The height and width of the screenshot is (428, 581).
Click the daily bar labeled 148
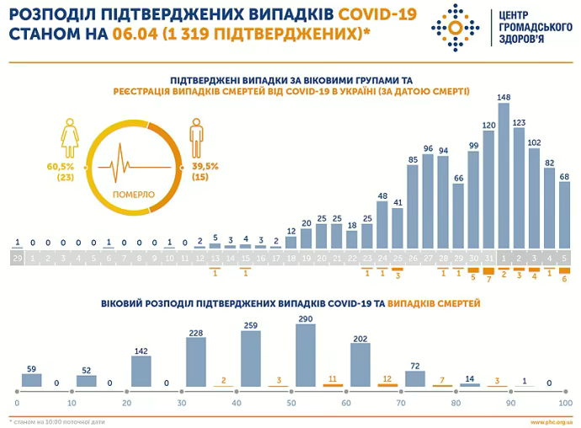point(504,177)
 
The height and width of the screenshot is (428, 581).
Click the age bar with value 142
point(141,371)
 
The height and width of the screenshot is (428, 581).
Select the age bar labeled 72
point(415,378)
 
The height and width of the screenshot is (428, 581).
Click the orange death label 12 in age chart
point(386,379)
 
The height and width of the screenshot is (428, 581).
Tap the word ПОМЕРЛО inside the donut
point(133,194)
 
